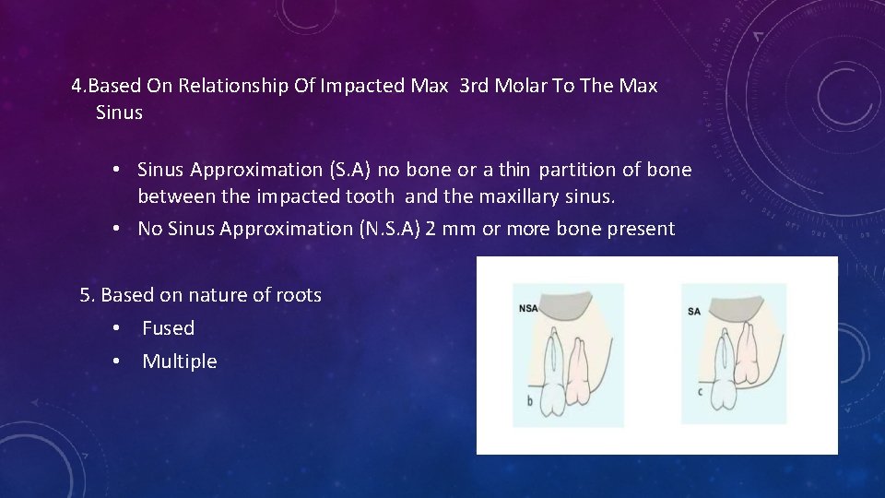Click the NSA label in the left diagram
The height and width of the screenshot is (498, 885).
click(x=528, y=309)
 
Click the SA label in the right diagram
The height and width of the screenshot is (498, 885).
click(x=694, y=311)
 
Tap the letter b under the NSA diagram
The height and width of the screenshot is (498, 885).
click(x=528, y=402)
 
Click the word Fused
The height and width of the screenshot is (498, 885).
click(x=168, y=328)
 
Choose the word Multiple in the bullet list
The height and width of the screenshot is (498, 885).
click(x=179, y=362)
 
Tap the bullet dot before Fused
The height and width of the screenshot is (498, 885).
click(x=116, y=328)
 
